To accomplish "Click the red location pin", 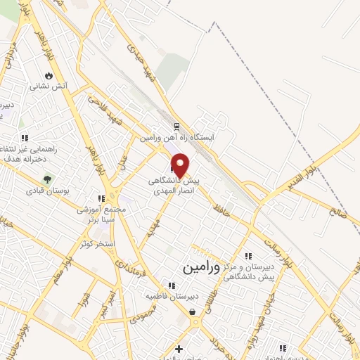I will tap(180, 165).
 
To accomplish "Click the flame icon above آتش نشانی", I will tap(48, 75).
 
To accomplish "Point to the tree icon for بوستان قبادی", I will tap(48, 179).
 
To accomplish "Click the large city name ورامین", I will tap(201, 268).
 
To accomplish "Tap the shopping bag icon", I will tap(192, 311).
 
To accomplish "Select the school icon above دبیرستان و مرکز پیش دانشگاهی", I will tap(247, 256).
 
